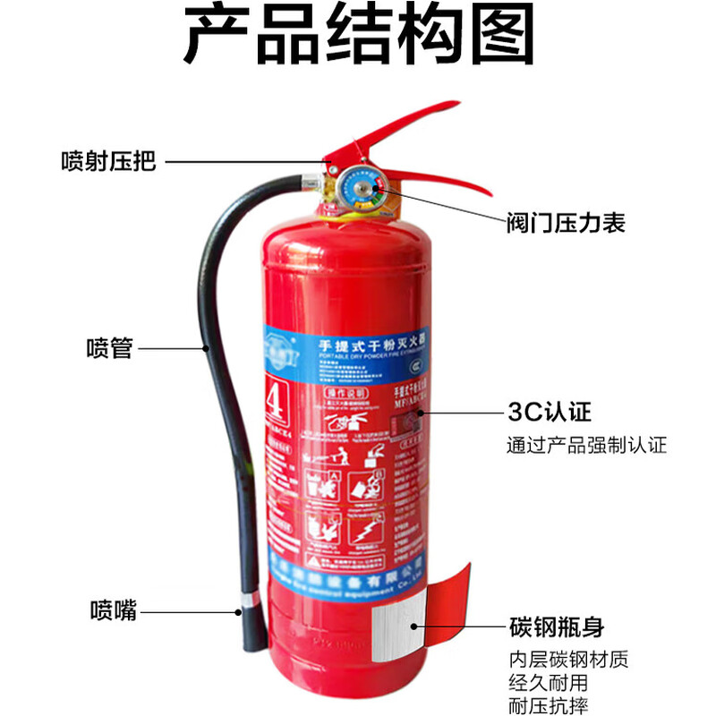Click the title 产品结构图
(x=358, y=38)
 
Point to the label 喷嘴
(x=113, y=611)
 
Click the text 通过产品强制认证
(x=585, y=445)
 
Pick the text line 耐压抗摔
(x=548, y=705)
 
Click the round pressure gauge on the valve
(x=362, y=189)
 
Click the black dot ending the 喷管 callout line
(x=208, y=347)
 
